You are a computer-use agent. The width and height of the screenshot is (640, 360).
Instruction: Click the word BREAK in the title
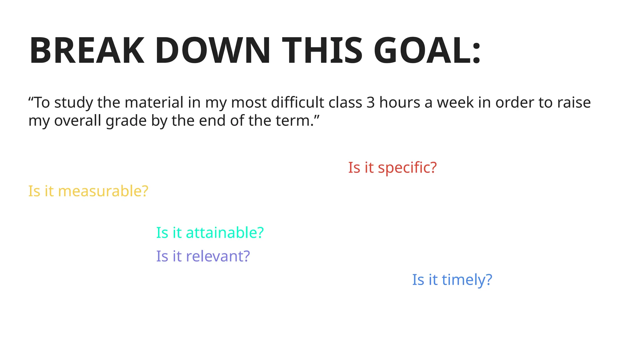click(87, 51)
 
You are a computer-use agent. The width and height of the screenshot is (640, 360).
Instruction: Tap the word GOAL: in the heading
click(427, 51)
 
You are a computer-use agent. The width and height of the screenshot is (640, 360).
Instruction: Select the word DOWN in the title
click(212, 51)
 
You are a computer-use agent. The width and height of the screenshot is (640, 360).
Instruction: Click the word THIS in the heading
click(322, 51)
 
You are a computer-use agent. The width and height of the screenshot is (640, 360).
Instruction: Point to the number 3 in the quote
click(370, 103)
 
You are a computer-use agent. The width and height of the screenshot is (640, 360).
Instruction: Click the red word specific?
click(407, 168)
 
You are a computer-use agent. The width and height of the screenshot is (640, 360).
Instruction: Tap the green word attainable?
click(225, 233)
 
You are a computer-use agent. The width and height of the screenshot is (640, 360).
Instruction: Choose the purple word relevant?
click(218, 256)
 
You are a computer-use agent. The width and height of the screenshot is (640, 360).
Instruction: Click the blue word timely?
click(467, 280)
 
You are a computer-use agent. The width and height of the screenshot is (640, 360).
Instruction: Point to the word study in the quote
click(73, 103)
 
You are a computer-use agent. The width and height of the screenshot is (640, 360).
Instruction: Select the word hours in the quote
click(399, 103)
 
